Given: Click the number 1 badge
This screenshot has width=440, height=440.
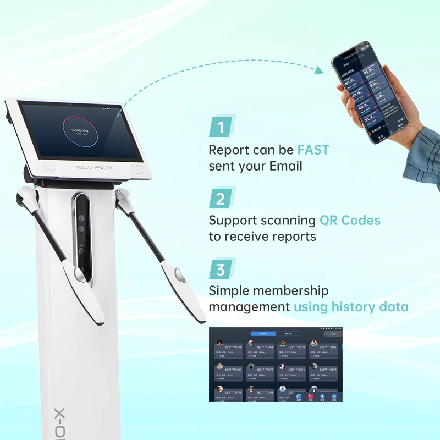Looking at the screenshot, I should [x=221, y=128].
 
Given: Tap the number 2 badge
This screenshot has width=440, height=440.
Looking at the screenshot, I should [x=221, y=198].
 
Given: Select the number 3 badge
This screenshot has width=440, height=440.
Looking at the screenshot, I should [x=221, y=269].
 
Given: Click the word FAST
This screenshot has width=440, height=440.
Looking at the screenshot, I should [x=313, y=150].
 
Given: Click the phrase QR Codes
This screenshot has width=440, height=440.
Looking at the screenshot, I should [x=350, y=221].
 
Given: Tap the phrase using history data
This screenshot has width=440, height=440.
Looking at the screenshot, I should [x=351, y=306].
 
